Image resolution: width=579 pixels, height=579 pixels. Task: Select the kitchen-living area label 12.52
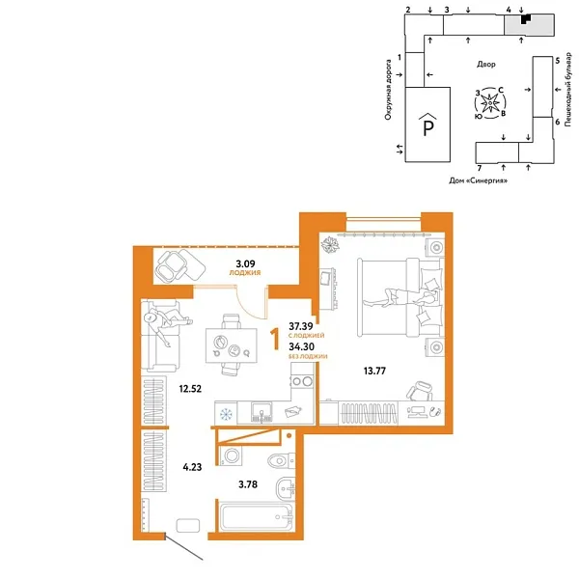(187, 389)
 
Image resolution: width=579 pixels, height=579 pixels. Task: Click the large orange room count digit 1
(278, 338)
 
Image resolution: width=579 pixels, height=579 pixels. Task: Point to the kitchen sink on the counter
(259, 414)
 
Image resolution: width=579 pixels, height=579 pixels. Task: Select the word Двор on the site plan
(485, 65)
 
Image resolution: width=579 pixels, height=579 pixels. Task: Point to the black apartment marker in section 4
(524, 19)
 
